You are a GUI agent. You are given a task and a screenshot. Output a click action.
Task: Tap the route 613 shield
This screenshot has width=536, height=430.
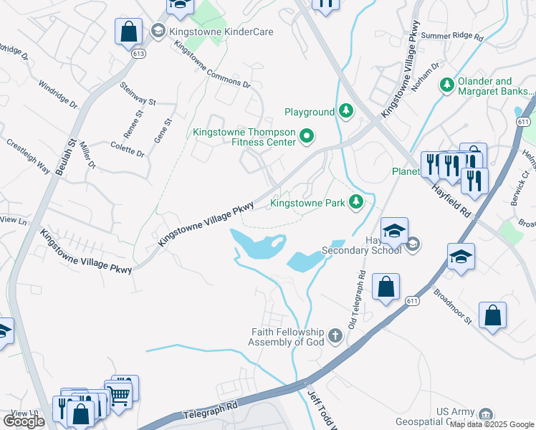coord(139,53)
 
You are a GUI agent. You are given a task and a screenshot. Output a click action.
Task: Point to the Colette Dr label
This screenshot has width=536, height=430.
coord(128,148)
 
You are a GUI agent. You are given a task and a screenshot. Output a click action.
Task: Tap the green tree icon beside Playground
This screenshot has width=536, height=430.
coord(346,111)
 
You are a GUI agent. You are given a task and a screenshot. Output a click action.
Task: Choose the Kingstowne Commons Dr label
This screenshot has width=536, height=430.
coord(212,64)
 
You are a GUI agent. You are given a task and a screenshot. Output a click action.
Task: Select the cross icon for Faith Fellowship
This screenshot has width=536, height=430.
coord(335,335)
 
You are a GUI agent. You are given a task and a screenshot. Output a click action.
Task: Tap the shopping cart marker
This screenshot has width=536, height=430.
coord(118,393)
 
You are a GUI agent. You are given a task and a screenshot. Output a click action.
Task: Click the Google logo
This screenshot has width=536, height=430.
coord(24,421)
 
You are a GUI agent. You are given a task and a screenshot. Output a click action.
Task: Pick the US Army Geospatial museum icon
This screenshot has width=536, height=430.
coord(487,415)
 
